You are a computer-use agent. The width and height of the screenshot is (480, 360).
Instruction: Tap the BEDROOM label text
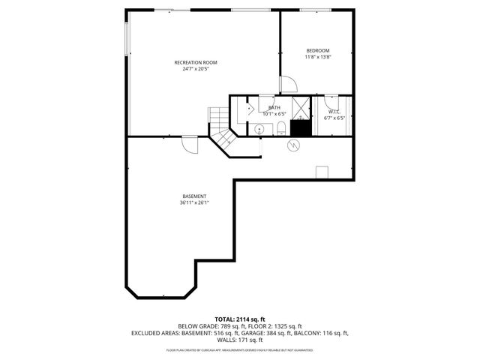(317, 50)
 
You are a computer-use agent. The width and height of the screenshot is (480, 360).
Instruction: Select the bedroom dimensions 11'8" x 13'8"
(317, 57)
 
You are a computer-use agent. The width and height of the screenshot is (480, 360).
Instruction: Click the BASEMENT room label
(193, 196)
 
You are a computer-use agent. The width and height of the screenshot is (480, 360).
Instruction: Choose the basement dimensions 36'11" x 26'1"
(193, 202)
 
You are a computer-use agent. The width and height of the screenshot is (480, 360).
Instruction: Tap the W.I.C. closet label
(334, 111)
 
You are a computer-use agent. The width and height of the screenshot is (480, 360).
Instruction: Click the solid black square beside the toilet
(300, 127)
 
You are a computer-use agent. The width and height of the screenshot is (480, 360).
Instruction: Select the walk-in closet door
(333, 100)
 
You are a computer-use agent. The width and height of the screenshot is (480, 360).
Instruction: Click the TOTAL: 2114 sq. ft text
(240, 319)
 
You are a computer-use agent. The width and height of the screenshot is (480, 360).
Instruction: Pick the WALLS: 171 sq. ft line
(239, 339)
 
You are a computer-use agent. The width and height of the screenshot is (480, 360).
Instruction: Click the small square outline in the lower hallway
(322, 172)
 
